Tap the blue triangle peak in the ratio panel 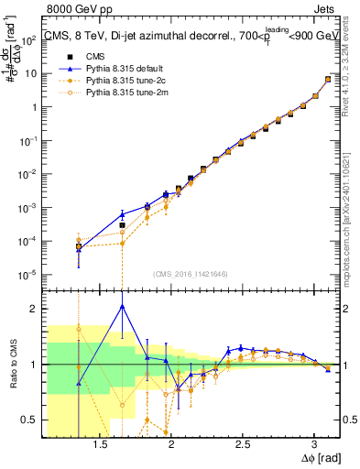point(122,307)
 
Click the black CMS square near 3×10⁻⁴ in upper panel point(122,224)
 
